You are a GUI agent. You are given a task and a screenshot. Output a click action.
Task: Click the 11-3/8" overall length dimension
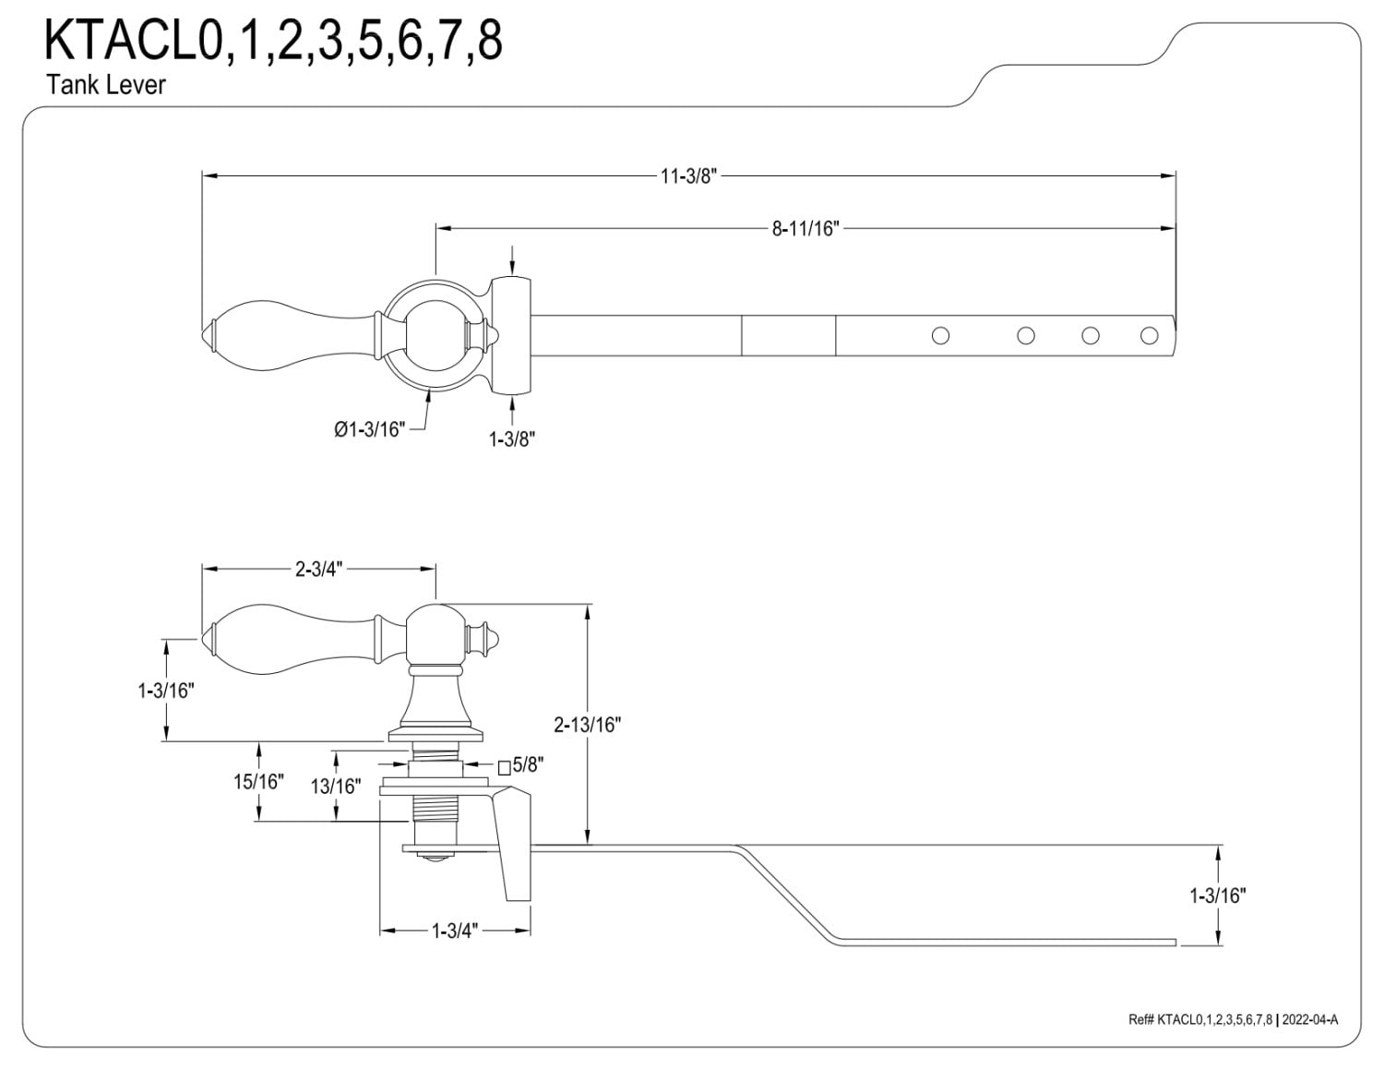688,176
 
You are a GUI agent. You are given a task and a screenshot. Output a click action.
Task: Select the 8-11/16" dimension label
805,228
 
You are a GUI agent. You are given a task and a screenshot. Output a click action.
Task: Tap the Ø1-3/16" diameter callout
369,429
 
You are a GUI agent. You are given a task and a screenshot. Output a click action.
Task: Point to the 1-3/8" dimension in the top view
511,439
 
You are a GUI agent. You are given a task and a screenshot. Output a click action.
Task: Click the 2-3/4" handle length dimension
318,569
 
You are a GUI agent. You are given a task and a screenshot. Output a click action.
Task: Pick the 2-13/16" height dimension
587,725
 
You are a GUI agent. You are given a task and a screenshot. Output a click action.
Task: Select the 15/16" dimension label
258,781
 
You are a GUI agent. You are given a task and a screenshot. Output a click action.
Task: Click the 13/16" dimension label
336,786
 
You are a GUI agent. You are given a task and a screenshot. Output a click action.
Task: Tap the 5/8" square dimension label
528,764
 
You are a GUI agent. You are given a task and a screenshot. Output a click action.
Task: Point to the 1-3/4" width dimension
455,932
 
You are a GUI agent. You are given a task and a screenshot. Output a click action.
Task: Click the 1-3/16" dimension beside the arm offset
1218,896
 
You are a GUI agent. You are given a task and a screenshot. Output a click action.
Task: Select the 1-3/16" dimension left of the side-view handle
165,690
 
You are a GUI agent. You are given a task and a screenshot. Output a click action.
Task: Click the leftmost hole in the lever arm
940,335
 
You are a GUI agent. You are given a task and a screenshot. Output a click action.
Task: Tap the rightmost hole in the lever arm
1149,335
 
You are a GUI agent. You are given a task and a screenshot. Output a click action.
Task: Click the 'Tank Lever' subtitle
106,85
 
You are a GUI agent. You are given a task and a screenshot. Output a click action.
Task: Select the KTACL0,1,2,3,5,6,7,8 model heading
273,40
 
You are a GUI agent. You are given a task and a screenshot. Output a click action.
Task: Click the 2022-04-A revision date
1309,1037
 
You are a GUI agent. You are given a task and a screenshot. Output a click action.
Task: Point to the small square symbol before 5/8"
504,767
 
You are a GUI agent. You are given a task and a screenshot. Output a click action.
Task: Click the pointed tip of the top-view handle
203,335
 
